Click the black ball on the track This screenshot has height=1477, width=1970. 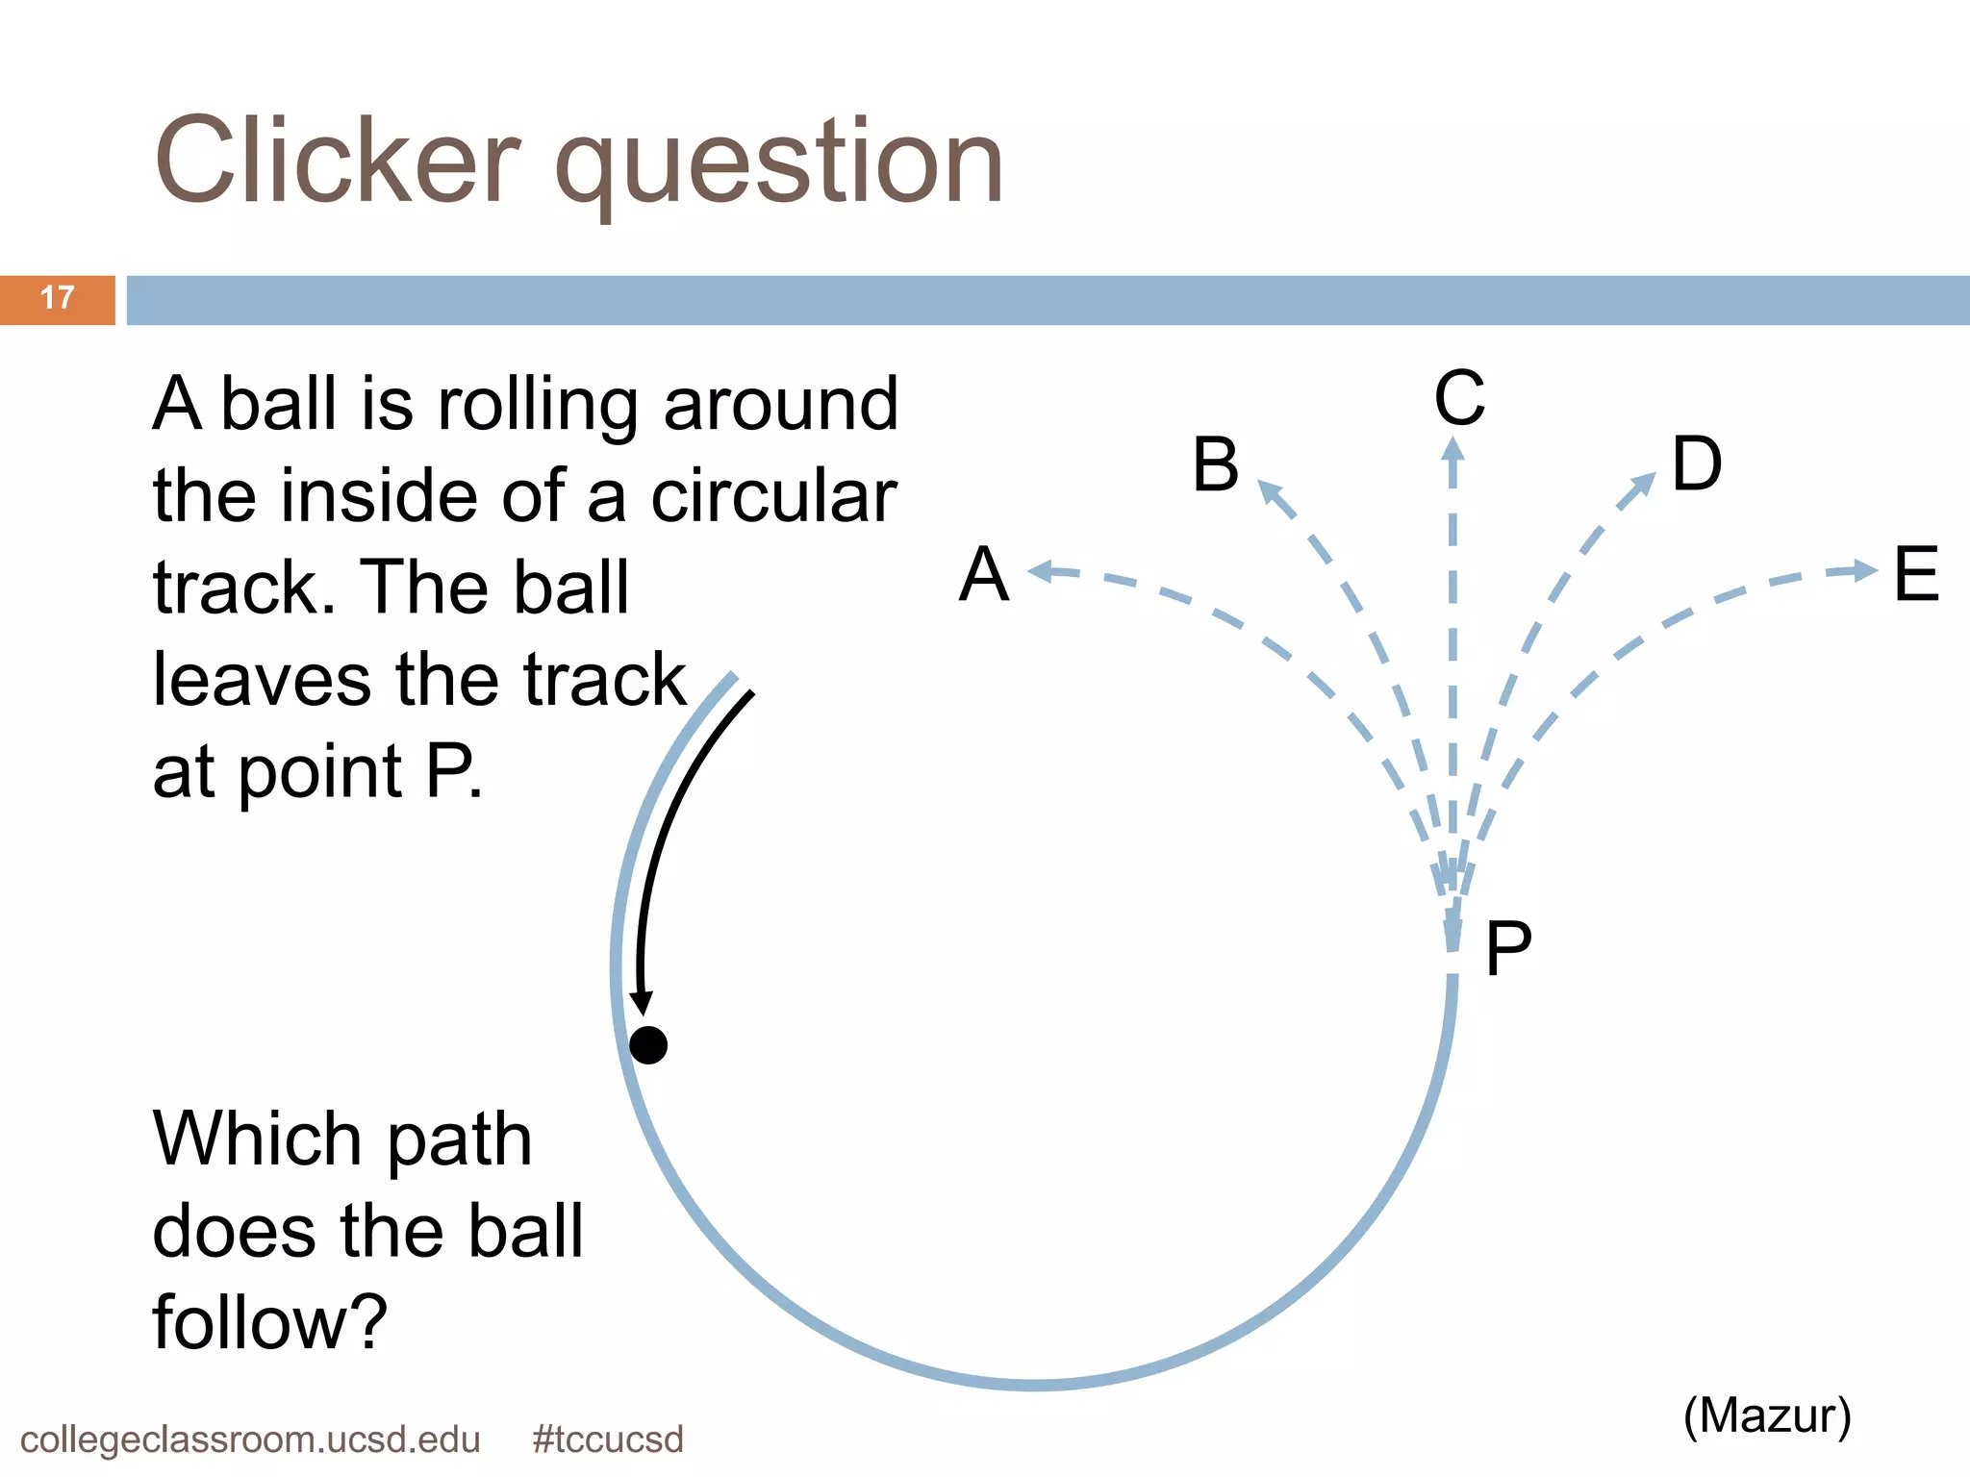pos(648,1044)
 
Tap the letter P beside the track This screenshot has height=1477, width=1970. pos(1507,949)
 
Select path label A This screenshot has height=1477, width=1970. pos(984,574)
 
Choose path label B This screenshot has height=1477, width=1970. pos(1216,464)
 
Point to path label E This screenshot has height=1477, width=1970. pos(1916,574)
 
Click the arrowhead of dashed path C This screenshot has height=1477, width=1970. pos(1453,450)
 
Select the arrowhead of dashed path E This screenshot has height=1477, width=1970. pos(1865,570)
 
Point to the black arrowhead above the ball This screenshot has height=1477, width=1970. pos(642,1003)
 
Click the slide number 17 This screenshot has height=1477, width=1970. pos(58,298)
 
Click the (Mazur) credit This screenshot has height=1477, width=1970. pos(1767,1415)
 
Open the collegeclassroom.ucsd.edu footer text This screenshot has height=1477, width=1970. pos(250,1439)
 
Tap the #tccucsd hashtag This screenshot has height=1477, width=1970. pos(608,1439)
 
